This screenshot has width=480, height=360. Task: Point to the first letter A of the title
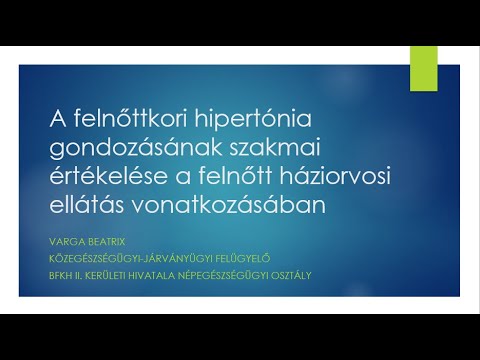point(58,120)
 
